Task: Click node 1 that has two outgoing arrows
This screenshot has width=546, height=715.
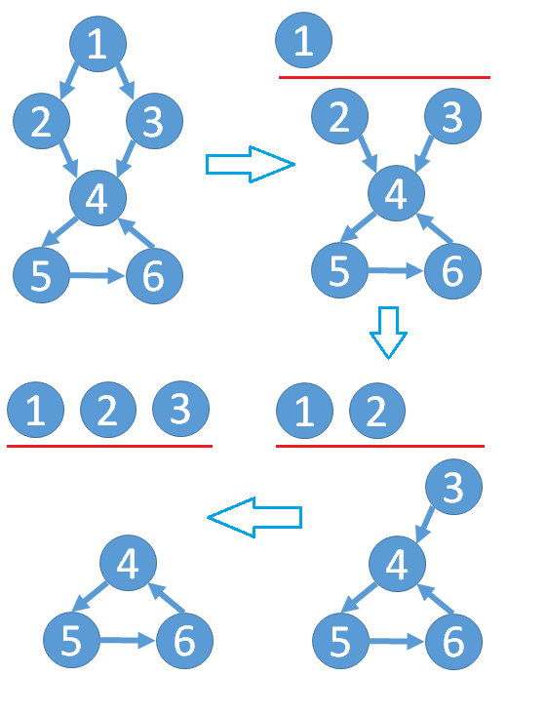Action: [x=98, y=44]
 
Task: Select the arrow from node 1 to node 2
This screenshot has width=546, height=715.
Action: [x=69, y=81]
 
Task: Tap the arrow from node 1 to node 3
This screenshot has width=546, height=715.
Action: [x=126, y=81]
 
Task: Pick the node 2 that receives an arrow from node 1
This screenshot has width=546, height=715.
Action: [x=42, y=121]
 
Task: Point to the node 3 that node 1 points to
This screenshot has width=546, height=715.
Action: [x=154, y=121]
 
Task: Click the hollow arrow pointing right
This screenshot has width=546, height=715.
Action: [x=251, y=164]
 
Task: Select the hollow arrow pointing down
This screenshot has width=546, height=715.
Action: [x=388, y=333]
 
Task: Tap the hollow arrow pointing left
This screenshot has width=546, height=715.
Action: [x=254, y=518]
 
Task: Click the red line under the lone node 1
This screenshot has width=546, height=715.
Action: [x=385, y=77]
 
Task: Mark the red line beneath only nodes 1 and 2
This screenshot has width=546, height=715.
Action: [x=380, y=446]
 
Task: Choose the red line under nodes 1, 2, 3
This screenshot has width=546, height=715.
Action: [x=109, y=446]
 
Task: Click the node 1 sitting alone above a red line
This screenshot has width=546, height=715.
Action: [x=304, y=40]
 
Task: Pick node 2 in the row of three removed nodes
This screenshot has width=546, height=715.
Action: [x=108, y=410]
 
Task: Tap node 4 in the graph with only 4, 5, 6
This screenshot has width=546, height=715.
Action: [x=128, y=563]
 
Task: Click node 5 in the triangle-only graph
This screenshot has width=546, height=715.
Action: [x=71, y=640]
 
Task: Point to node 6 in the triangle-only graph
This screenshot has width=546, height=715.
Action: [x=184, y=640]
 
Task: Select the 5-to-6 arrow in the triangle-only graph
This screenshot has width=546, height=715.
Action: [x=127, y=641]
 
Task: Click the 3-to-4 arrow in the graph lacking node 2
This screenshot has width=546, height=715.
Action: [x=425, y=524]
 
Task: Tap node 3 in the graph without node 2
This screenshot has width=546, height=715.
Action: [x=454, y=487]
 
